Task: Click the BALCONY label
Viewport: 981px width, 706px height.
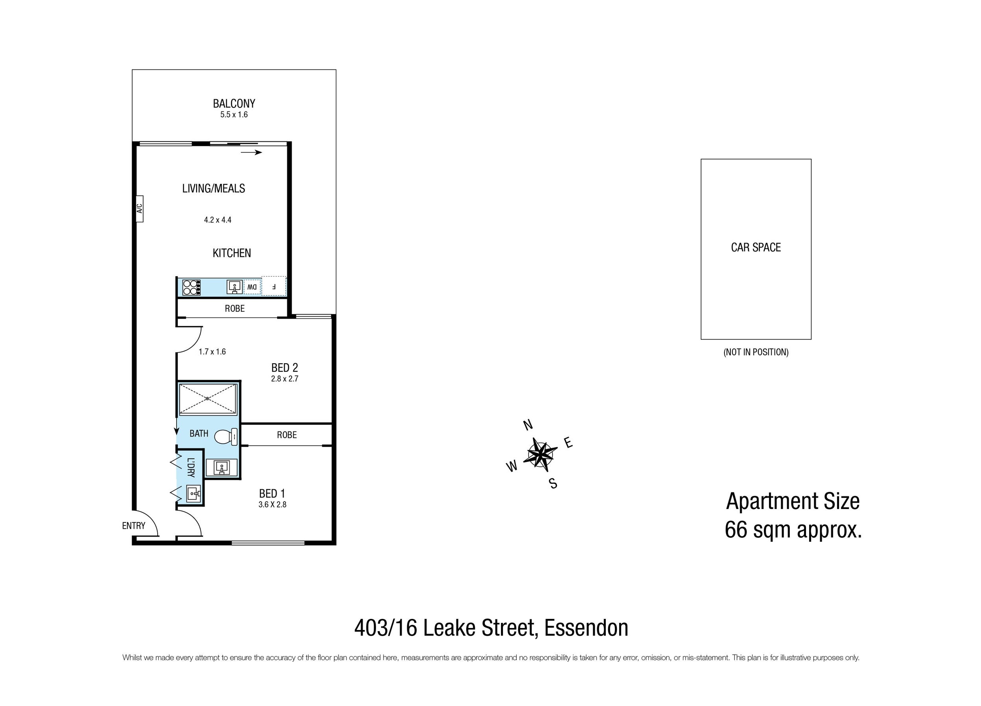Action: point(234,103)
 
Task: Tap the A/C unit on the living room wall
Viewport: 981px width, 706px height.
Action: point(139,209)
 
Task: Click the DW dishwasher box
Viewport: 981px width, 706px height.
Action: point(252,287)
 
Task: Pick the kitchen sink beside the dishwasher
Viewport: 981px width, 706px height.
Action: point(235,287)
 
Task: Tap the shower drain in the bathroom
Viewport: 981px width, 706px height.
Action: point(208,398)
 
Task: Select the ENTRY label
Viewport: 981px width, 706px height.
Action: point(134,526)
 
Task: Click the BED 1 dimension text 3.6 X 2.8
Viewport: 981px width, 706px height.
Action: point(272,504)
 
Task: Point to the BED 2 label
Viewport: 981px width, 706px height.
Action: point(285,368)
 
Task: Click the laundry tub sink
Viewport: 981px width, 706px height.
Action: point(194,493)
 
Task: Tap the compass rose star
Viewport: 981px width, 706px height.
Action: point(540,453)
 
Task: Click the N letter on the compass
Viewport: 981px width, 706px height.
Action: point(528,425)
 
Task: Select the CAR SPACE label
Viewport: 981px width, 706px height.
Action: point(756,247)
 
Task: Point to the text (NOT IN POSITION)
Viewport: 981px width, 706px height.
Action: point(756,352)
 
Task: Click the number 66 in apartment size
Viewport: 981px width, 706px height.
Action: point(736,529)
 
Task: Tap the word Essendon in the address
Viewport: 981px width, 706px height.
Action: point(586,628)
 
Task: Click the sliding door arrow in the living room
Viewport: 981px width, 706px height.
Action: point(252,152)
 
